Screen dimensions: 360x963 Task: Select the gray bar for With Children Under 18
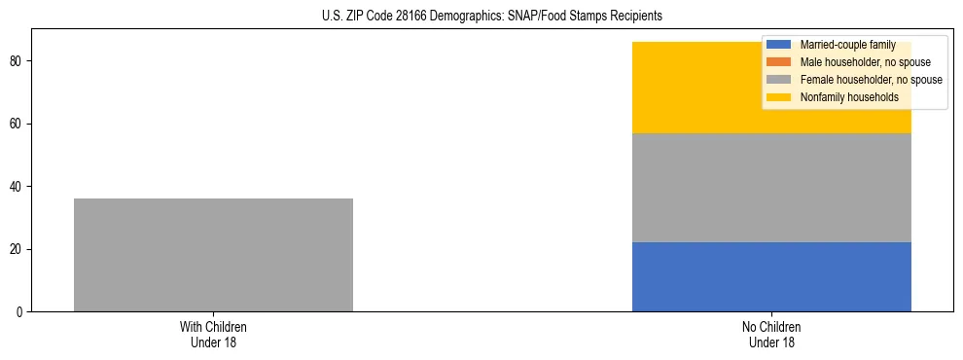coord(213,255)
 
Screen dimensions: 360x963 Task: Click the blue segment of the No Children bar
coord(771,277)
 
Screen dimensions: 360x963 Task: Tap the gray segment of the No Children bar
coord(771,188)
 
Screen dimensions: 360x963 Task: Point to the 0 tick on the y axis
coord(21,312)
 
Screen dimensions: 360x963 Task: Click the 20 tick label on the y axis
coord(18,249)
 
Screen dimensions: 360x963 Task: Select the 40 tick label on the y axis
coord(18,187)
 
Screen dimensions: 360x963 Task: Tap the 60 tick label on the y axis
coord(18,124)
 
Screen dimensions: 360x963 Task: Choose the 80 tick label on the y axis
coord(18,61)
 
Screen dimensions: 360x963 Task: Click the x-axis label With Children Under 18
coord(213,334)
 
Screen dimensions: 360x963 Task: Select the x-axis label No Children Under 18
coord(771,334)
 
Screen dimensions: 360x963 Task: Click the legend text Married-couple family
coord(847,45)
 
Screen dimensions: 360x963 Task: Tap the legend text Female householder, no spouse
coord(871,80)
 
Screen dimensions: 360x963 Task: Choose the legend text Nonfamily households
coord(849,97)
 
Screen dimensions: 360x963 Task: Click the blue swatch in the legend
coord(779,45)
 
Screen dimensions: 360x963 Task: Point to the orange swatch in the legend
coord(779,62)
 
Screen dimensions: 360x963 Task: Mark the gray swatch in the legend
coord(779,80)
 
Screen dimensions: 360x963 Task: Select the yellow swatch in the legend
coord(779,97)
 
